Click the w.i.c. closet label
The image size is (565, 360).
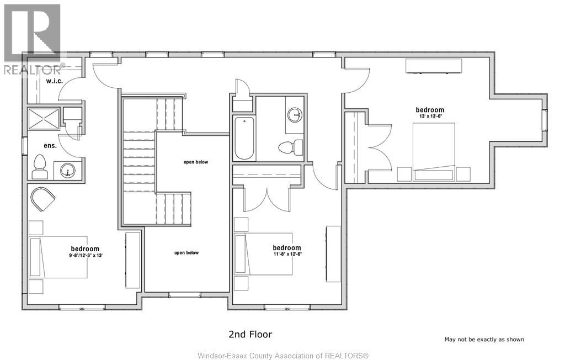pyautogui.click(x=55, y=81)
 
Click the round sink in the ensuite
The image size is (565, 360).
pyautogui.click(x=68, y=170)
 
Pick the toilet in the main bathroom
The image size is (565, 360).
pyautogui.click(x=291, y=147)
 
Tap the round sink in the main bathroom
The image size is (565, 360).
pyautogui.click(x=295, y=115)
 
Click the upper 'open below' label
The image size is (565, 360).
pyautogui.click(x=195, y=162)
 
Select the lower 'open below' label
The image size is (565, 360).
pyautogui.click(x=186, y=253)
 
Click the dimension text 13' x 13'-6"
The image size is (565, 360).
pyautogui.click(x=430, y=117)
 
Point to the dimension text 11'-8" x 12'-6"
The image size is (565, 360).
pyautogui.click(x=287, y=255)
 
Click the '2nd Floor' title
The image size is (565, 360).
pyautogui.click(x=250, y=334)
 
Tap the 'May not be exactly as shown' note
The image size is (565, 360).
pyautogui.click(x=484, y=340)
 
